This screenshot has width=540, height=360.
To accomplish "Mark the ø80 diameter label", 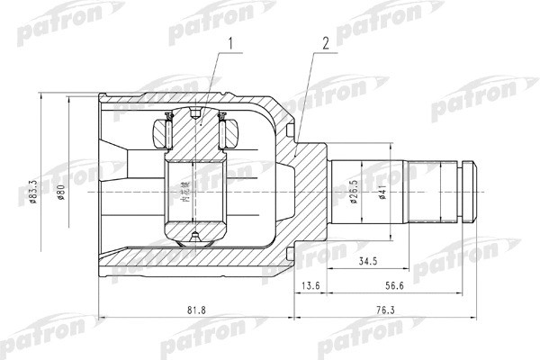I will point(60,191).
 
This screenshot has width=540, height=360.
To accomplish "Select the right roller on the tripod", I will point(227,133).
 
